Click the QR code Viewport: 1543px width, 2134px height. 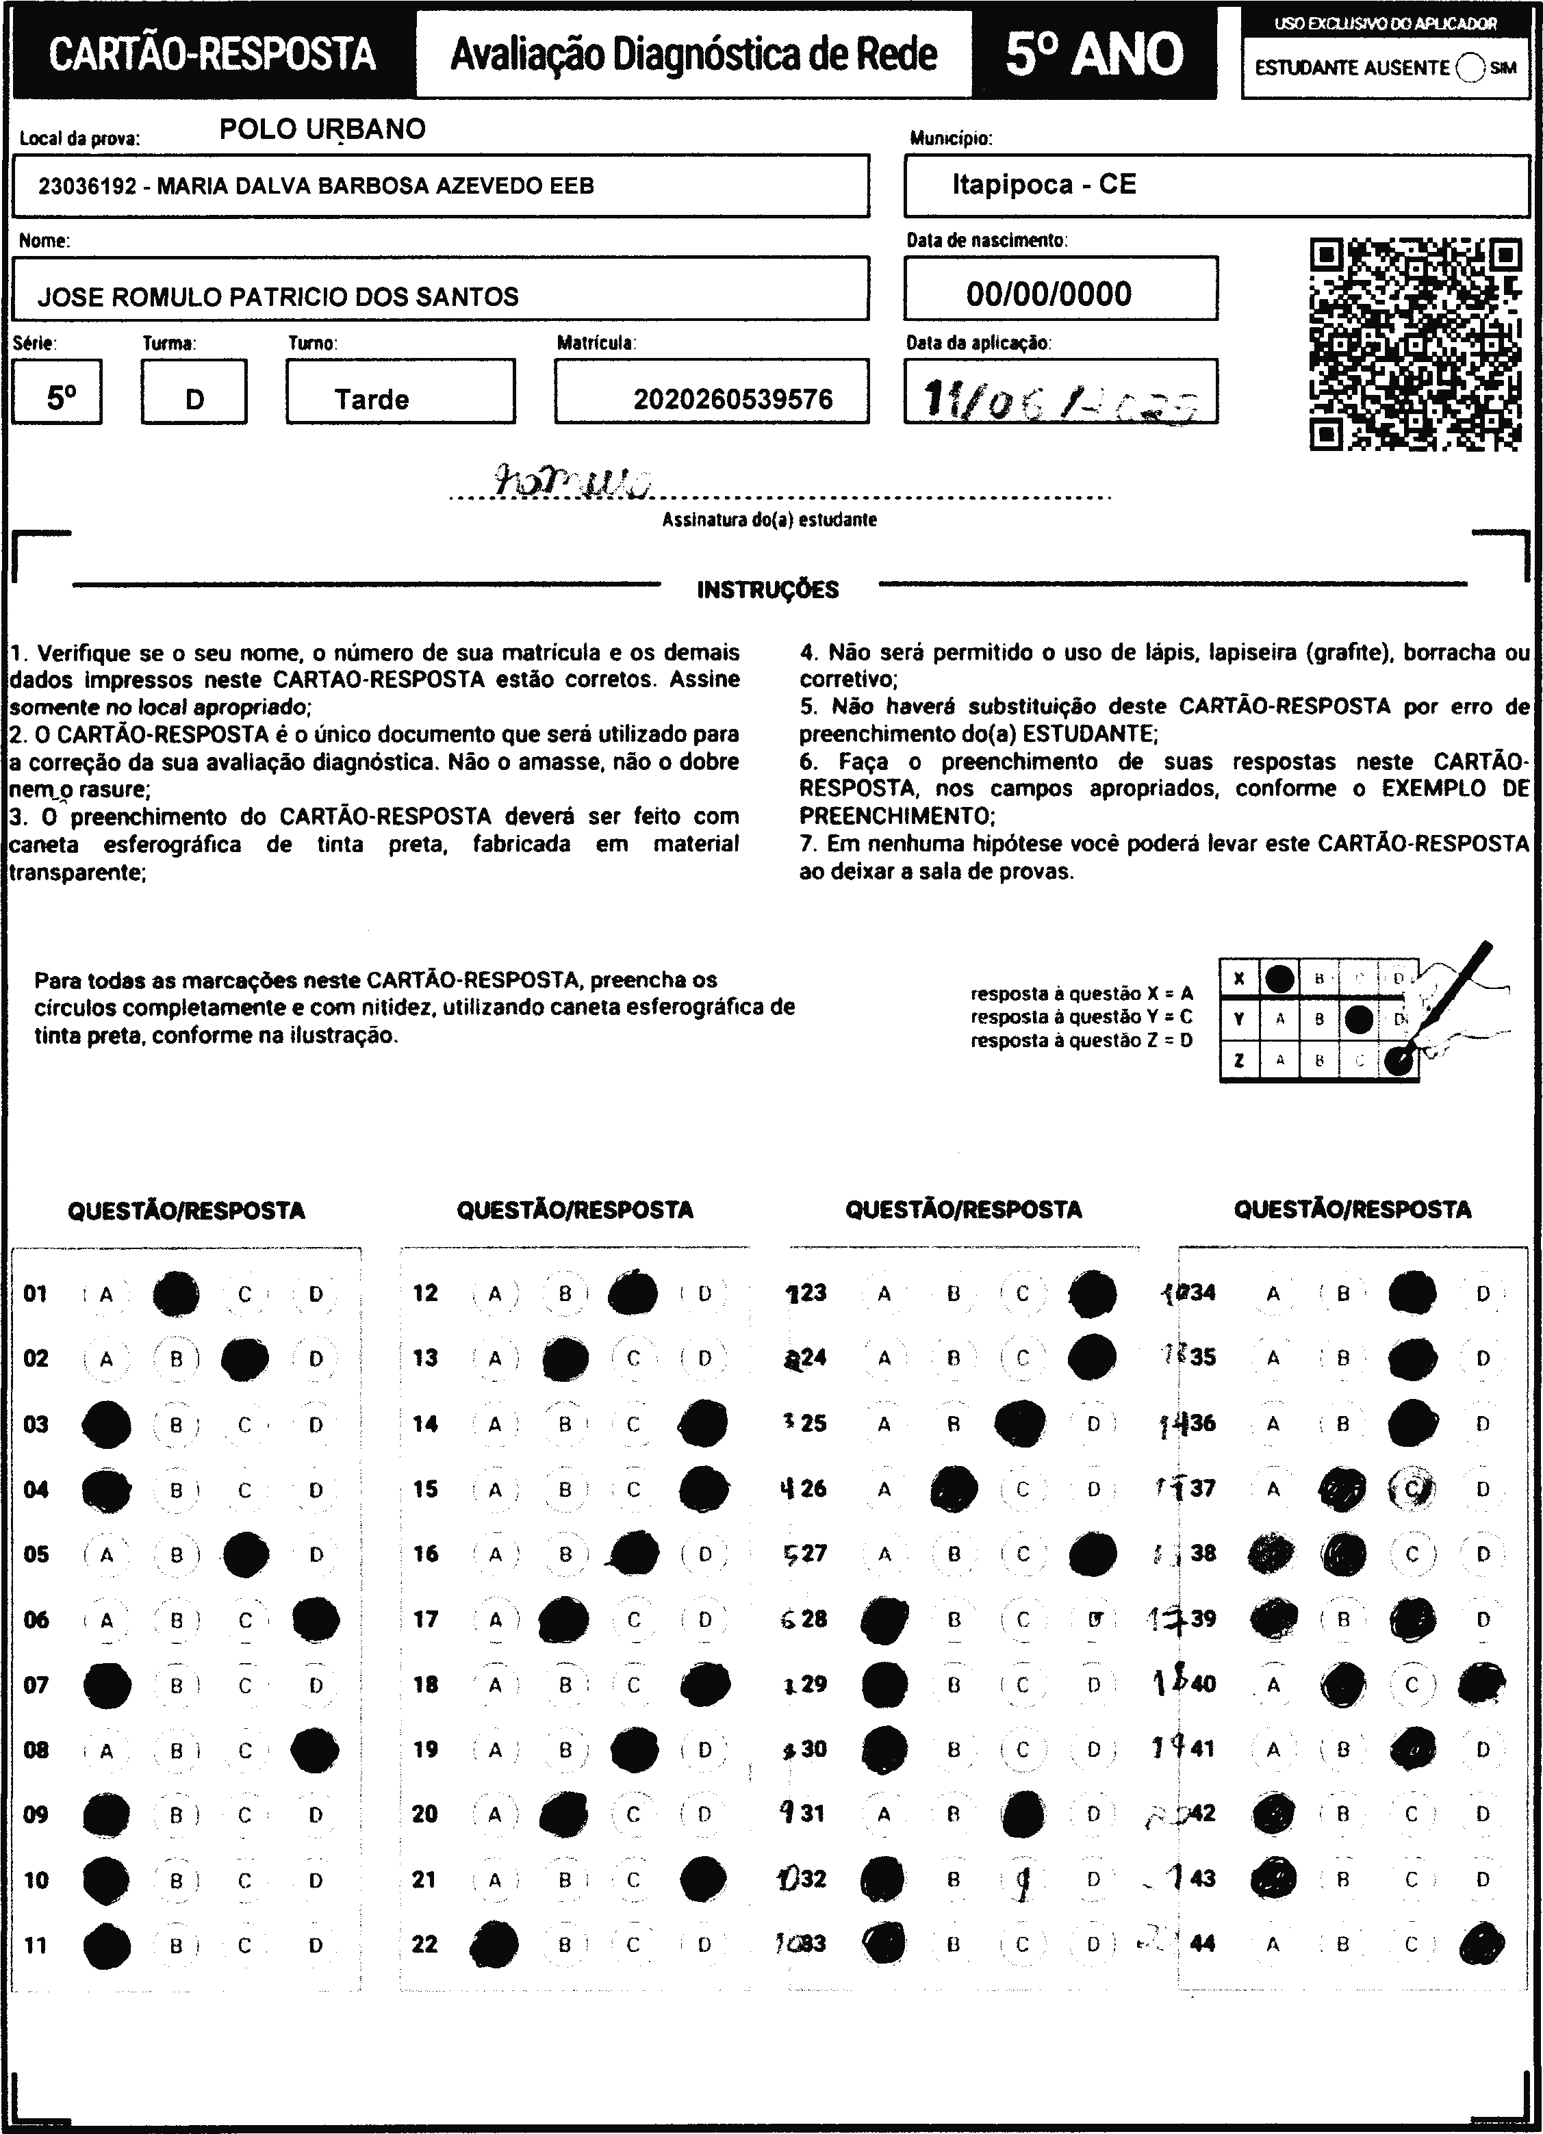coord(1415,344)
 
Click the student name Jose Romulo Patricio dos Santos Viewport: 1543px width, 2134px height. coord(279,297)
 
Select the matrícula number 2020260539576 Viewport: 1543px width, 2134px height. coord(733,400)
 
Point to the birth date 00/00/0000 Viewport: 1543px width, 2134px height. coord(1049,294)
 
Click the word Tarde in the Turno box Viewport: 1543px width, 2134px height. coord(372,400)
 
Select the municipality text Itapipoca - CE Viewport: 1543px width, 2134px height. coord(1043,184)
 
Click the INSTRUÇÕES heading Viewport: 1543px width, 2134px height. coord(768,590)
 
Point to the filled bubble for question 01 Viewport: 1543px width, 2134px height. coord(176,1294)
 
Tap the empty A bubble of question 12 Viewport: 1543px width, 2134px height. coord(495,1294)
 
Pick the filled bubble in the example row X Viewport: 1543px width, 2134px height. coord(1279,979)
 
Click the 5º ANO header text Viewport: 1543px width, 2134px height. coord(1094,53)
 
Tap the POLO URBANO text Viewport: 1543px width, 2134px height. coord(322,129)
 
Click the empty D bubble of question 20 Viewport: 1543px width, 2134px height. coord(704,1813)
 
